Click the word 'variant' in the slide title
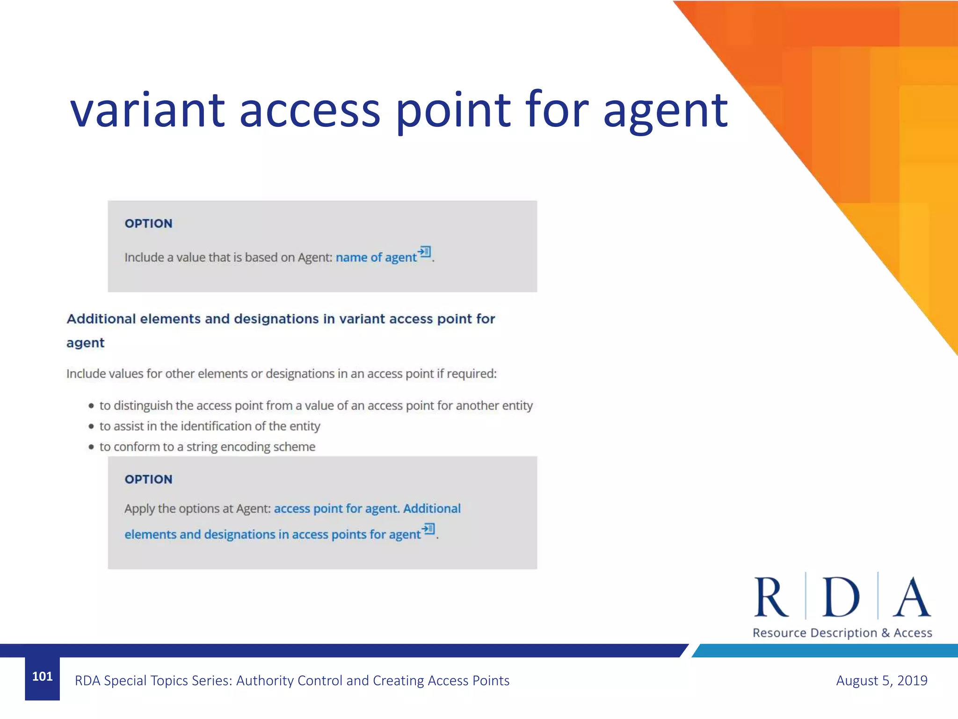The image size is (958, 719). (148, 110)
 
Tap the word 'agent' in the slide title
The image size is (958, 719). (665, 112)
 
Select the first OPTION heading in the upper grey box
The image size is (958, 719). (148, 224)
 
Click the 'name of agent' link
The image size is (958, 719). (376, 257)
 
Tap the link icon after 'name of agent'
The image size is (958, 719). (425, 252)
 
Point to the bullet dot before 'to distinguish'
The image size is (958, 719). (91, 406)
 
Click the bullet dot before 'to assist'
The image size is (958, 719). (91, 426)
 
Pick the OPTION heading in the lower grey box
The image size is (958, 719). (148, 479)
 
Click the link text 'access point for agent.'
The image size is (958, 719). (336, 509)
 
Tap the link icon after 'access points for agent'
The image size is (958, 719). (428, 529)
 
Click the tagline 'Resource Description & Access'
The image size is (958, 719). (842, 633)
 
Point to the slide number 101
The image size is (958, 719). (43, 676)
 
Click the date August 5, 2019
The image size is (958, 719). (881, 681)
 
